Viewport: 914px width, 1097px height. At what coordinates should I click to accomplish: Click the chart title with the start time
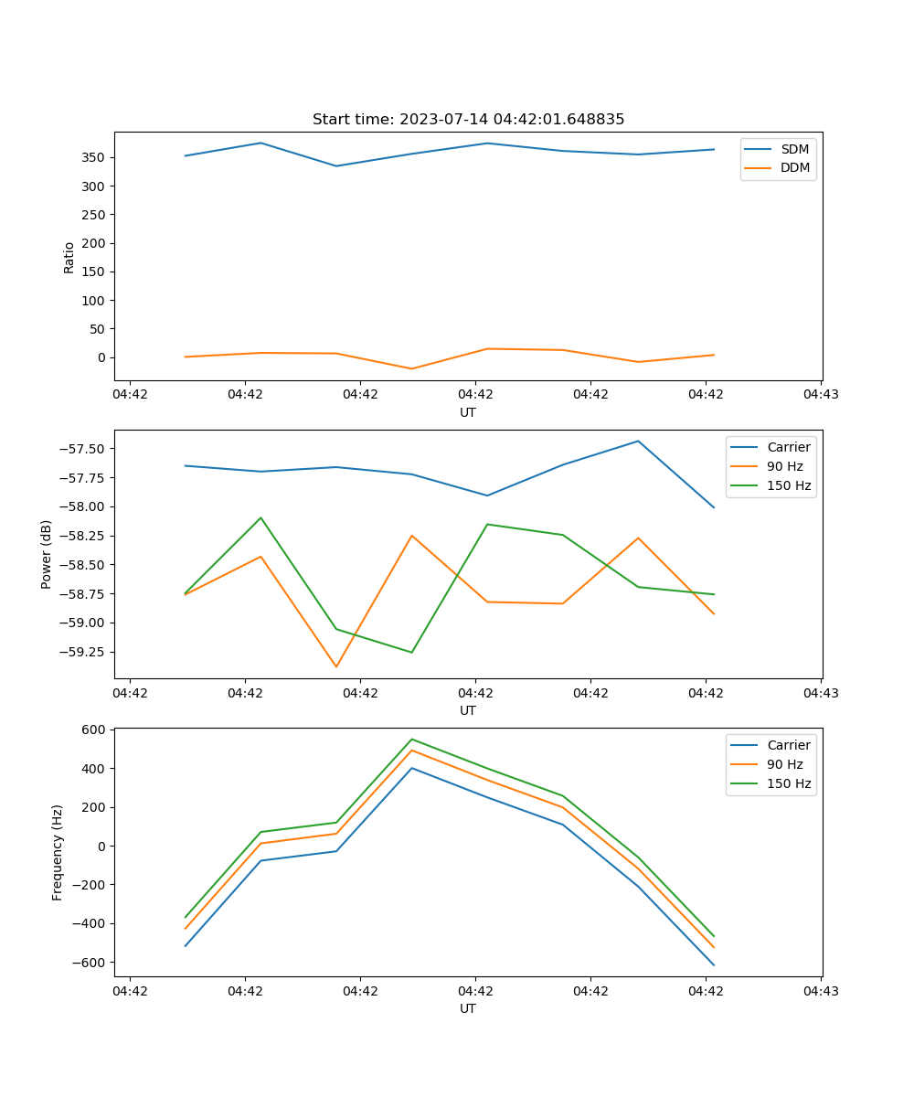tap(468, 120)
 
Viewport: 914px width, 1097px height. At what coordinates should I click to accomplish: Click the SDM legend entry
tap(794, 149)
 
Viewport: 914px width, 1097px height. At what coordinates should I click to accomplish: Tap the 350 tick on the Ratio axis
tap(94, 157)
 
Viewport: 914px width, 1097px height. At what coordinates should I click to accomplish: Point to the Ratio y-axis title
tap(69, 257)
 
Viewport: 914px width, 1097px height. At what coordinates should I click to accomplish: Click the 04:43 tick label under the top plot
tap(821, 395)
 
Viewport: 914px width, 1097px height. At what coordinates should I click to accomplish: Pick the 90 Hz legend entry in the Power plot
tap(784, 466)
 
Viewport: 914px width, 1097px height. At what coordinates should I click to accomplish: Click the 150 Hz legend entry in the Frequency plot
tap(789, 783)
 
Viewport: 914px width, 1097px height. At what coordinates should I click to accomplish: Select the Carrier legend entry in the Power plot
tap(788, 447)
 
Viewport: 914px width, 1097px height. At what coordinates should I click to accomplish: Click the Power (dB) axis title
tap(47, 554)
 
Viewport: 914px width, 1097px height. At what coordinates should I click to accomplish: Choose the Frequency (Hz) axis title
tap(58, 852)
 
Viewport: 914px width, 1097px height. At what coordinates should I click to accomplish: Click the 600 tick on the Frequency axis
tap(94, 730)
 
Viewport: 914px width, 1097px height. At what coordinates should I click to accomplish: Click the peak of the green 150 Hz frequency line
tap(411, 739)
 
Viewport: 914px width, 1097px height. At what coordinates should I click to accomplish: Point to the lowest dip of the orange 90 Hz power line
tap(335, 667)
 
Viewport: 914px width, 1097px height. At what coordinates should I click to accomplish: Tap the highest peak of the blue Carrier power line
tap(638, 441)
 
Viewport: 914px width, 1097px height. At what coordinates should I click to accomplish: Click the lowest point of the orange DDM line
tap(411, 368)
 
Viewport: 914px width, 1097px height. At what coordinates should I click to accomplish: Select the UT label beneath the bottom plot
tap(468, 1008)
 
